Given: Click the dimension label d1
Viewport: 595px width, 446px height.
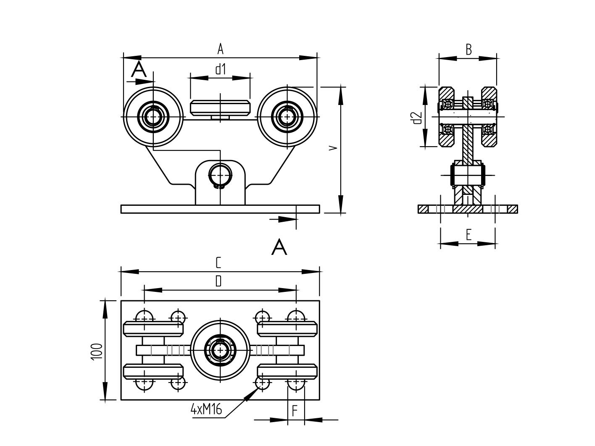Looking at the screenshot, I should click(x=221, y=69).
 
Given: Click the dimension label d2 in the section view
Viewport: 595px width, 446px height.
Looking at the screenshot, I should click(x=417, y=118).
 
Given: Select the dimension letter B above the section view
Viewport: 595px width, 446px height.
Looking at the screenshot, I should click(x=469, y=50).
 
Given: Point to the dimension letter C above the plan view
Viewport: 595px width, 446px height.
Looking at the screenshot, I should click(x=218, y=263).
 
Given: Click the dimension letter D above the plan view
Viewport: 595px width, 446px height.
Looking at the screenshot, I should click(x=218, y=281).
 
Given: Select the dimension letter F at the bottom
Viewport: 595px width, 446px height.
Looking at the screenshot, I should click(x=295, y=411).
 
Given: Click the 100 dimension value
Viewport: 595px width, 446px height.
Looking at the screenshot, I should click(x=96, y=351).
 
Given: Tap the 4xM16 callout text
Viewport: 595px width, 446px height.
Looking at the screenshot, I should click(x=206, y=409).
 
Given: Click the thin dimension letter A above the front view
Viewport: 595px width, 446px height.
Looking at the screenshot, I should click(x=220, y=50).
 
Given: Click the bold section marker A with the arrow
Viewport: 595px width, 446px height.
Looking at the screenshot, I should click(x=139, y=69).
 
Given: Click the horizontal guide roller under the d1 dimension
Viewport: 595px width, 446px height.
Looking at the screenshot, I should click(x=220, y=108).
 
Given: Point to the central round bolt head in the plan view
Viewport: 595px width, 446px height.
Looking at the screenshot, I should click(x=219, y=349).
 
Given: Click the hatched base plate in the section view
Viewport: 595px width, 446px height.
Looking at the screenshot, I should click(x=467, y=209).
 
